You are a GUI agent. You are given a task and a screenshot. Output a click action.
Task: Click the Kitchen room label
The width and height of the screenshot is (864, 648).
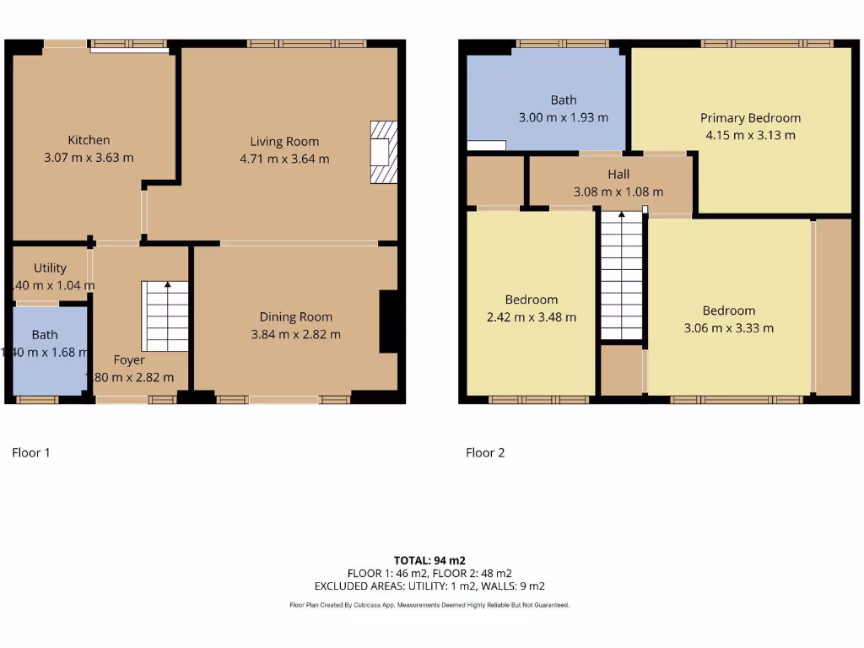pyautogui.click(x=89, y=140)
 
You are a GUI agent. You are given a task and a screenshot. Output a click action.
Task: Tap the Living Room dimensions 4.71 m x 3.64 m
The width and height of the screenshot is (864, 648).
pyautogui.click(x=284, y=159)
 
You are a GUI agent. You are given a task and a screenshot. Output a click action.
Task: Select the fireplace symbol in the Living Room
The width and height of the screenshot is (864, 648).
pyautogui.click(x=382, y=152)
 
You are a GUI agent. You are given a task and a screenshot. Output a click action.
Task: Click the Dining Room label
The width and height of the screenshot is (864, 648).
pyautogui.click(x=295, y=317)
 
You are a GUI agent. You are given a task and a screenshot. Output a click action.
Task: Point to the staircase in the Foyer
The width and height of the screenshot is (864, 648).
pyautogui.click(x=166, y=316)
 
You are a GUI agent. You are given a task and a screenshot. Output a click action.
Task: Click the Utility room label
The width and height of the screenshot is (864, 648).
pyautogui.click(x=50, y=268)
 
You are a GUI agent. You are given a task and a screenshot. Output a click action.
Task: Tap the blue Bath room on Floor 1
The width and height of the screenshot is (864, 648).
pyautogui.click(x=49, y=350)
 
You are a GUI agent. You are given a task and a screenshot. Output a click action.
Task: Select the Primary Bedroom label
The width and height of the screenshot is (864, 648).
pyautogui.click(x=750, y=118)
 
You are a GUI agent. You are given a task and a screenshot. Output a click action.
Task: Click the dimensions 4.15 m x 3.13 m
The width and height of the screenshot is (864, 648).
pyautogui.click(x=750, y=135)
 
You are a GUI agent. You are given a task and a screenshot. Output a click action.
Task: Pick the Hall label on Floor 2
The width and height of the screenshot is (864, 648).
pyautogui.click(x=618, y=175)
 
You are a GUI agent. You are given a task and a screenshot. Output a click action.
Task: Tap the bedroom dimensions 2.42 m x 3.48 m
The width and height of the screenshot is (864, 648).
pyautogui.click(x=532, y=317)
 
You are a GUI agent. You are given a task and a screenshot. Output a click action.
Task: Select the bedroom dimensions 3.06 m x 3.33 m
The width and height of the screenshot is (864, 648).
pyautogui.click(x=728, y=328)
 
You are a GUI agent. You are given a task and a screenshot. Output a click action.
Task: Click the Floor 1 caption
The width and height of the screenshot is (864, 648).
pyautogui.click(x=31, y=453)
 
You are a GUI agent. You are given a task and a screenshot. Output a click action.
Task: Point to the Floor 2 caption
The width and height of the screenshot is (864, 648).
pyautogui.click(x=485, y=453)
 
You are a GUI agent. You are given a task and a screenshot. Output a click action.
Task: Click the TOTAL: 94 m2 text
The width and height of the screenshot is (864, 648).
pyautogui.click(x=429, y=560)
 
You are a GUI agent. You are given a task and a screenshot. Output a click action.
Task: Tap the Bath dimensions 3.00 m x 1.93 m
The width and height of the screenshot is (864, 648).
pyautogui.click(x=563, y=118)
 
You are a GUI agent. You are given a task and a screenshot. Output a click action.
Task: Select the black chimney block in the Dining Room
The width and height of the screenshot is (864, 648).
pyautogui.click(x=388, y=321)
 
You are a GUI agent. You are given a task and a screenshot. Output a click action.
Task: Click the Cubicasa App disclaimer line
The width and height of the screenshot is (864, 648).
pyautogui.click(x=429, y=605)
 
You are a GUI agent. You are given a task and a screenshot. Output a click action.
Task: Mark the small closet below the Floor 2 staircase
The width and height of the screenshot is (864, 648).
pyautogui.click(x=621, y=370)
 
